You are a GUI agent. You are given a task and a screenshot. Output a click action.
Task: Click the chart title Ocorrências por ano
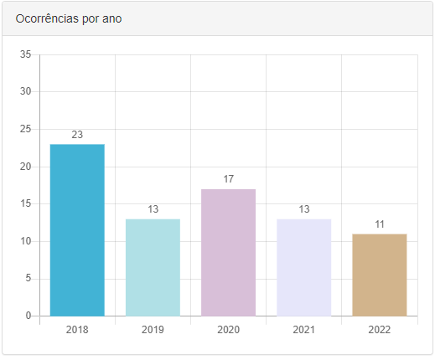click(x=68, y=18)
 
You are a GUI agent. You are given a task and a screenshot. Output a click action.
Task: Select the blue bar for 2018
click(x=77, y=230)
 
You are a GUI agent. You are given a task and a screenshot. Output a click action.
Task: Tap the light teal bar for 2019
click(x=153, y=267)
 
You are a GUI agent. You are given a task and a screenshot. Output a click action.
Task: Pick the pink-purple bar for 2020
click(x=228, y=252)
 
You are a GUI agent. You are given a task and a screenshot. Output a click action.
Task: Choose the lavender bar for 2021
click(x=303, y=267)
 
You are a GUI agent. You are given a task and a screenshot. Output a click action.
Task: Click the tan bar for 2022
click(x=379, y=275)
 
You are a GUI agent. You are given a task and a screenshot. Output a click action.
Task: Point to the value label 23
click(x=77, y=135)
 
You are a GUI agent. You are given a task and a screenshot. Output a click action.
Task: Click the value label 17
click(x=228, y=179)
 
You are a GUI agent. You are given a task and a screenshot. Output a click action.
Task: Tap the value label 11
click(x=379, y=224)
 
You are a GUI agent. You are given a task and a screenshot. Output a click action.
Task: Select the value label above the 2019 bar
click(x=153, y=209)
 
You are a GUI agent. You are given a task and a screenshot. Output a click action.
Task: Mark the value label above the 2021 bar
click(x=303, y=209)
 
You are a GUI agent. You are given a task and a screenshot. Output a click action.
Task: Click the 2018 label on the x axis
click(x=77, y=330)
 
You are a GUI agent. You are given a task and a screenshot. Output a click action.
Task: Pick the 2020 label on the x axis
click(x=228, y=330)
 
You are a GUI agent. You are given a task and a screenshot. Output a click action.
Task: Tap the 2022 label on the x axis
click(x=379, y=330)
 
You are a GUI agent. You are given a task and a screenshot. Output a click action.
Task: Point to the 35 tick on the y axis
click(x=25, y=55)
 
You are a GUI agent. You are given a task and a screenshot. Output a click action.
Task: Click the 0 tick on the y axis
click(x=28, y=316)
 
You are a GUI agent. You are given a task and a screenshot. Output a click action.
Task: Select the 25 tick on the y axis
click(x=25, y=129)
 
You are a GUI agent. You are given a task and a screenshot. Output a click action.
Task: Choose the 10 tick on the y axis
click(x=25, y=241)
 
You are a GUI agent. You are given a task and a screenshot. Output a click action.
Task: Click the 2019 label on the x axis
click(x=153, y=330)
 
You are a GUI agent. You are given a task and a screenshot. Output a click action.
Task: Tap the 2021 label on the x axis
click(x=303, y=330)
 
